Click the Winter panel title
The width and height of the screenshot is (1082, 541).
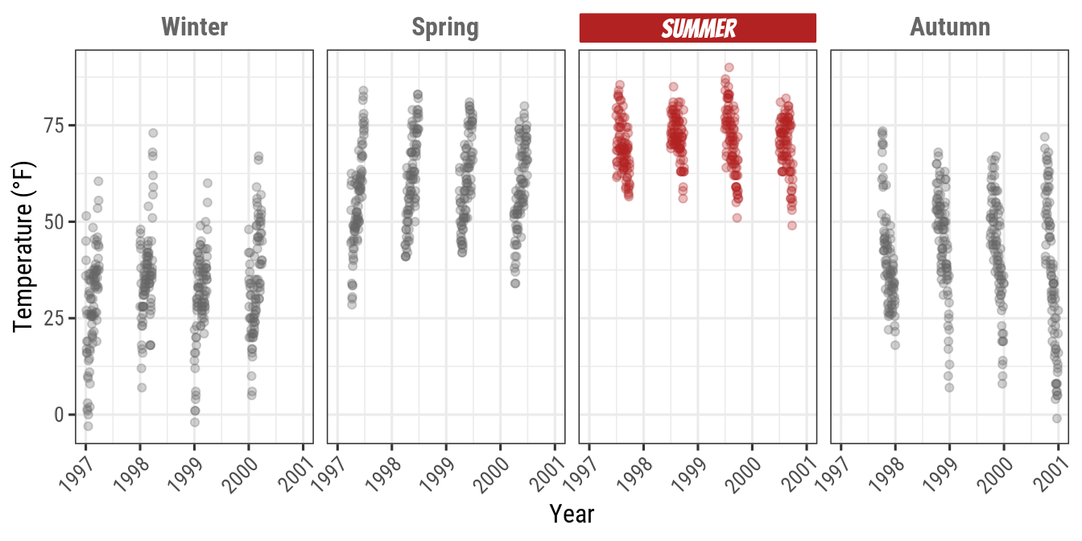[195, 27]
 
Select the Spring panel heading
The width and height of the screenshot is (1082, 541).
[445, 27]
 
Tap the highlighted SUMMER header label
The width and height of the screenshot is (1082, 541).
[698, 28]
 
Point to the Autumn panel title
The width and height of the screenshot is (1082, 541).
[950, 27]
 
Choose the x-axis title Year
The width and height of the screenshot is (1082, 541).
[572, 513]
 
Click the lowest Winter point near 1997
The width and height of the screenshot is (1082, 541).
[88, 426]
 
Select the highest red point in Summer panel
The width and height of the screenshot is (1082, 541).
[729, 68]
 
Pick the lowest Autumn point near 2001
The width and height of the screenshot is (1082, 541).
[1056, 418]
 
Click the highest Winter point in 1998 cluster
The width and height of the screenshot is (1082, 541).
[153, 133]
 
